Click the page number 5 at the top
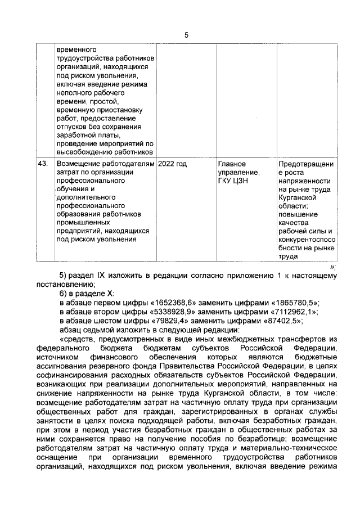(x=186, y=35)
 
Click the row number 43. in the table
(x=42, y=164)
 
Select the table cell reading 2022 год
(x=173, y=164)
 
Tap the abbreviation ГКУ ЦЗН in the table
(x=232, y=181)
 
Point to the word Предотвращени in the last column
(x=306, y=164)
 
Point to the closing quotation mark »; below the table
(x=333, y=267)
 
